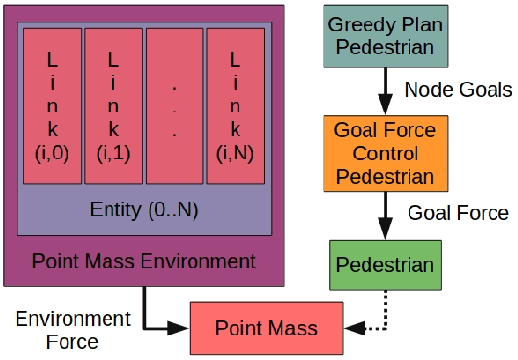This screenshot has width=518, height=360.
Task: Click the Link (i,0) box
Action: pyautogui.click(x=52, y=105)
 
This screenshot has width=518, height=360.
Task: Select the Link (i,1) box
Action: pyautogui.click(x=113, y=105)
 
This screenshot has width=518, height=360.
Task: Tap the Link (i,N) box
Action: pyautogui.click(x=236, y=105)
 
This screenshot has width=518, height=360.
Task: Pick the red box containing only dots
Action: pyautogui.click(x=174, y=105)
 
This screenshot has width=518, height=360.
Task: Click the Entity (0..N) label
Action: pyautogui.click(x=143, y=209)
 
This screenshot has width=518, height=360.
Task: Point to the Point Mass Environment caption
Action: pyautogui.click(x=144, y=261)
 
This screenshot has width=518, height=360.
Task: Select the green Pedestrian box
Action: pyautogui.click(x=384, y=265)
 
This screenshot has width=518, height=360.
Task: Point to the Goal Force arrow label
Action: pyautogui.click(x=458, y=213)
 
